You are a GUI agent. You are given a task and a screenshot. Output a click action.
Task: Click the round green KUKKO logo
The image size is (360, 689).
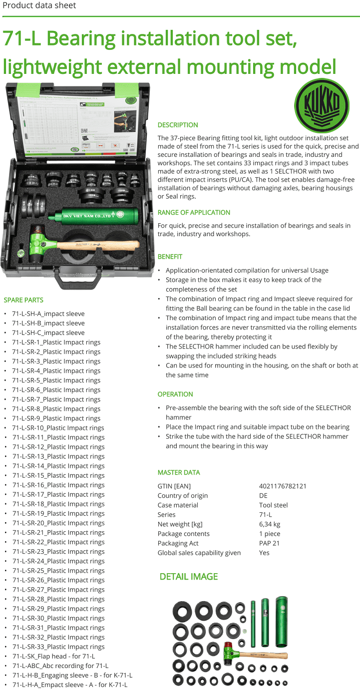tap(322, 105)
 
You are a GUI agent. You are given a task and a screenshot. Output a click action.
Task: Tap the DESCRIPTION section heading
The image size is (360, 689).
tap(178, 125)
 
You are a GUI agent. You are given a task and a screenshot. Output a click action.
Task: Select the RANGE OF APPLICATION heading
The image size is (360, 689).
tap(194, 212)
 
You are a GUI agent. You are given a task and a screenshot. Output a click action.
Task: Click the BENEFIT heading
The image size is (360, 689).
tap(170, 256)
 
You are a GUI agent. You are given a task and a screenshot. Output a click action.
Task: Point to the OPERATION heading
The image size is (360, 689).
tap(175, 394)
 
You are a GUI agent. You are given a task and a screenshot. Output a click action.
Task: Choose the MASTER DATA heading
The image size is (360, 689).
tap(179, 472)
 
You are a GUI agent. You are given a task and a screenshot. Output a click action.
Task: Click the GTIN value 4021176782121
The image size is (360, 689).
tap(283, 486)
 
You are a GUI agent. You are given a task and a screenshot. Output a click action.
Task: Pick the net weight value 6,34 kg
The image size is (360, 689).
tap(270, 524)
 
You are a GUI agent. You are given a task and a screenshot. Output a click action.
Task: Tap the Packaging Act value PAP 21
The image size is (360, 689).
tap(269, 543)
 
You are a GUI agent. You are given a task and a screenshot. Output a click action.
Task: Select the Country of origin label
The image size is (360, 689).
tap(183, 495)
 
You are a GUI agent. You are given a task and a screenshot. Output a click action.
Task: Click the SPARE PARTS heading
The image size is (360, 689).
tap(23, 300)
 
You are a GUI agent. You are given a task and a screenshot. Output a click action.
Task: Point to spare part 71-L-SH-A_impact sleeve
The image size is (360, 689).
tap(48, 314)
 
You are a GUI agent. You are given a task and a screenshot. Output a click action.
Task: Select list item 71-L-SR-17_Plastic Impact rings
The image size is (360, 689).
tap(58, 494)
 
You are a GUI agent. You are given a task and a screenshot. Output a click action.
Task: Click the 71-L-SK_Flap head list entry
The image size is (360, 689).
tap(53, 656)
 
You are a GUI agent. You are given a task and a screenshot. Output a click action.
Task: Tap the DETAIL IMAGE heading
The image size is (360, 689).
tap(189, 577)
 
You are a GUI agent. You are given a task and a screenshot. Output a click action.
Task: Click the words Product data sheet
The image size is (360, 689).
tap(39, 5)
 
